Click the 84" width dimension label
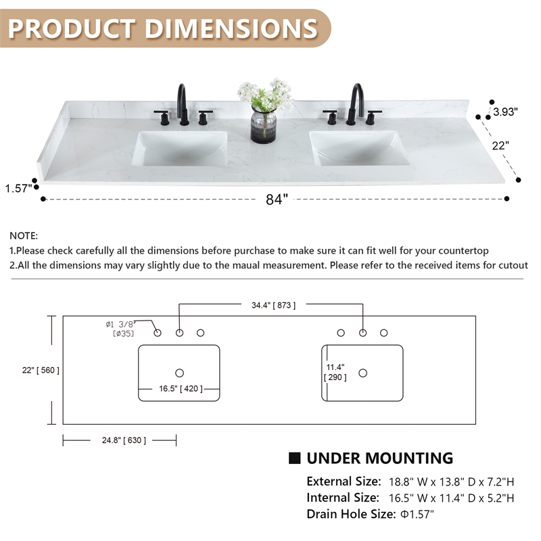click(277, 199)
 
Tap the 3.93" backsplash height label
click(505, 112)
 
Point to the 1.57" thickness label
click(18, 189)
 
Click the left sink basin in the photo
click(181, 148)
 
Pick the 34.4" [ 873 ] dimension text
click(273, 306)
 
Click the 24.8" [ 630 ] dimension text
click(124, 440)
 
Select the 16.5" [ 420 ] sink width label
click(181, 389)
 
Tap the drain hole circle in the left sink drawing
click(179, 373)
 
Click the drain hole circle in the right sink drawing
click(362, 373)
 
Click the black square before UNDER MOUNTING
click(295, 458)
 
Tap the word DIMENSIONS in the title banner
click(231, 28)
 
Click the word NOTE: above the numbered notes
click(24, 236)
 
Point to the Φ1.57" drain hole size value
click(417, 514)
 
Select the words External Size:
click(344, 481)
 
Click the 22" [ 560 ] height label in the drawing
click(41, 370)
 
